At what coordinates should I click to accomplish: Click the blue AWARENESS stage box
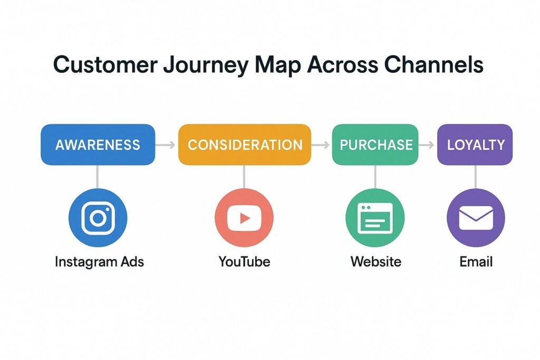pos(98,144)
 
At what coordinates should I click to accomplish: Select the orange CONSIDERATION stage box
pos(245,144)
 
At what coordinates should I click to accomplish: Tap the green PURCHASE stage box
pos(375,144)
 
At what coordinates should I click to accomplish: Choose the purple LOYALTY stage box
pos(475,144)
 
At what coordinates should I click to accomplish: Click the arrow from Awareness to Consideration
pos(165,145)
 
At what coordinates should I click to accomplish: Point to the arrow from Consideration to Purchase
pos(321,145)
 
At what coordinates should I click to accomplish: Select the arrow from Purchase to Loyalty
pos(427,145)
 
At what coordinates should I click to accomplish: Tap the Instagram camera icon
pos(98,218)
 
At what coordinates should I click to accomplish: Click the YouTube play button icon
pos(244,218)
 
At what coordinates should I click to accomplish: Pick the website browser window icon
pos(375,218)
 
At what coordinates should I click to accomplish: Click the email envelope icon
pos(476,218)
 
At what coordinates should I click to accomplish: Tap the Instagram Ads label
pos(99,262)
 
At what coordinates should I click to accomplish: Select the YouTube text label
pos(244,262)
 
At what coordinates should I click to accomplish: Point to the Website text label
pos(375,262)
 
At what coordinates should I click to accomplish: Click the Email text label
pos(476,262)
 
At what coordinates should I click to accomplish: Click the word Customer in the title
pos(105,64)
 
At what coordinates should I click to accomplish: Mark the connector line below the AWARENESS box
pos(98,177)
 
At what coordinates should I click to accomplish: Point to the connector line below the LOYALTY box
pos(476,177)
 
